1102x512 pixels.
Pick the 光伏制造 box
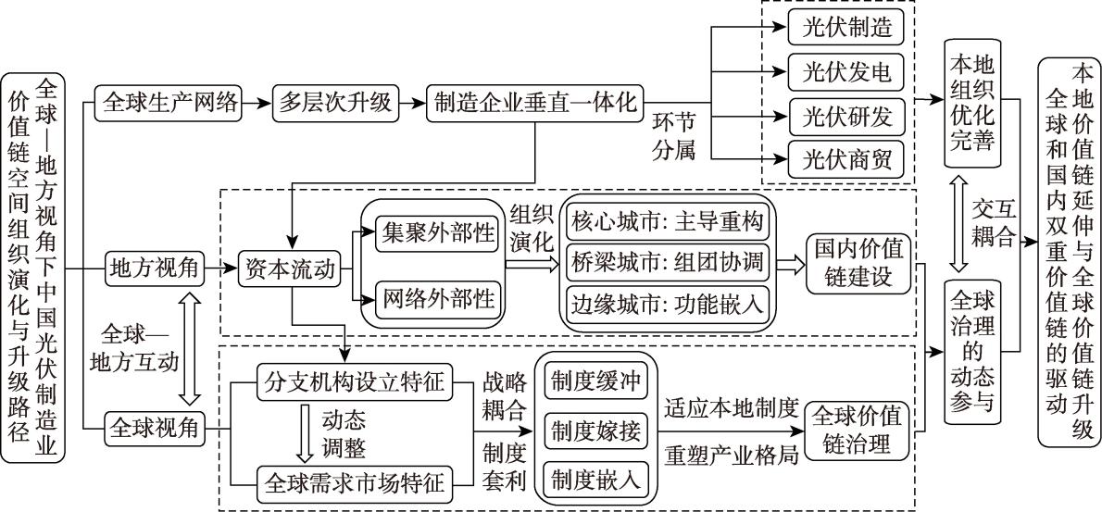click(x=845, y=28)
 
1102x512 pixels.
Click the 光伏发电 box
click(x=845, y=71)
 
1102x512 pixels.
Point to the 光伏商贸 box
click(x=845, y=159)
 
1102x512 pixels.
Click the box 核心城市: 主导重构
click(x=667, y=223)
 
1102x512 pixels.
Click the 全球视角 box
click(x=153, y=428)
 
